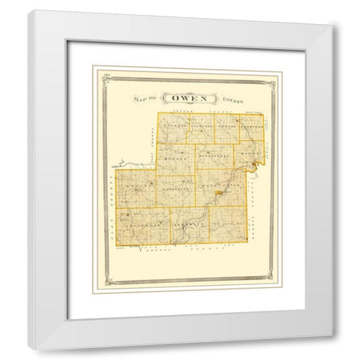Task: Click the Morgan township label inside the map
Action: point(174,160)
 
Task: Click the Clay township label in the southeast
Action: point(225,224)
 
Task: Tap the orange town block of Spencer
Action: point(219,193)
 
